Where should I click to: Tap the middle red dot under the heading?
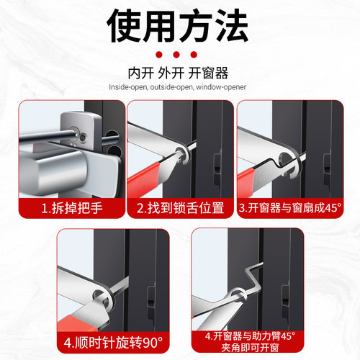click(x=180, y=55)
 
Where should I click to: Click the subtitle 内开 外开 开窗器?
click(x=179, y=73)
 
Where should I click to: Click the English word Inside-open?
click(x=128, y=87)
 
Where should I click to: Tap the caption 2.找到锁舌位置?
click(x=180, y=208)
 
